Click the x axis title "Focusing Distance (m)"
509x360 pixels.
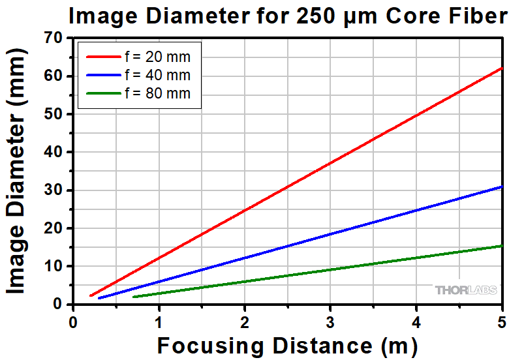point(287,345)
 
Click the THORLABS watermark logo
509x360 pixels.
point(466,290)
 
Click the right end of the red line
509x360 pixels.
point(502,68)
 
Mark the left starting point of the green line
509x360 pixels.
point(134,297)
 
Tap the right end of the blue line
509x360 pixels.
point(502,187)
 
